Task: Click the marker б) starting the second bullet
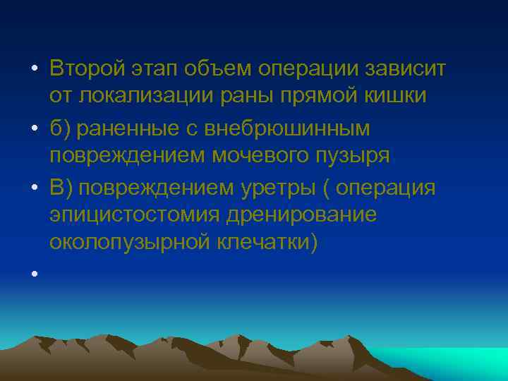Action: pos(61,128)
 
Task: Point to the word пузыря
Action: pos(354,155)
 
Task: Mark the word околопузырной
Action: pos(128,243)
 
